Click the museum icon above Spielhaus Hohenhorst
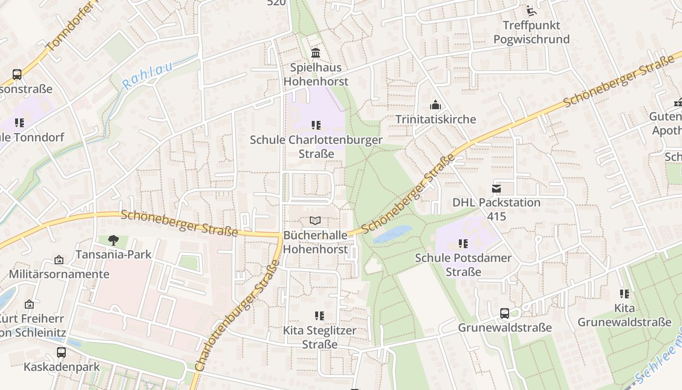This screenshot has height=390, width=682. [x=316, y=53]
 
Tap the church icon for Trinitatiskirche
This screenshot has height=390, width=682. [x=435, y=105]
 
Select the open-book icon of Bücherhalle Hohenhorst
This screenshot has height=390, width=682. [x=316, y=221]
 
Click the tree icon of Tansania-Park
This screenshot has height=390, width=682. [x=114, y=240]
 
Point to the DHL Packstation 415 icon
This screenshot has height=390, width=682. [x=496, y=188]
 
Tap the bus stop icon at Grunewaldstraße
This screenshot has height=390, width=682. [x=505, y=313]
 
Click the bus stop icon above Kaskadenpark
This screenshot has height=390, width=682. [x=61, y=352]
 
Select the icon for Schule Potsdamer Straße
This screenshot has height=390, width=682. [x=463, y=243]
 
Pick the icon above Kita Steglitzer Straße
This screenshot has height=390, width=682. [x=319, y=316]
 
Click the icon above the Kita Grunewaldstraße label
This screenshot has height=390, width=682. [x=624, y=293]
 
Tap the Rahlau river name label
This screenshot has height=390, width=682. [x=147, y=76]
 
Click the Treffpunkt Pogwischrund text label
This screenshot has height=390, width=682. [x=531, y=32]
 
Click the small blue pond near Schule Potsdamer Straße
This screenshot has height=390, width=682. [x=392, y=234]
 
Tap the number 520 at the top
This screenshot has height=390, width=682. [x=276, y=3]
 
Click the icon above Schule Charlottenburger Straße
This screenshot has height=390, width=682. [x=316, y=125]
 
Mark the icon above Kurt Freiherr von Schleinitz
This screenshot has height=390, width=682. [x=29, y=304]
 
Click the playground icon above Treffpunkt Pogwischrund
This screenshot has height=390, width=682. [x=531, y=10]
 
